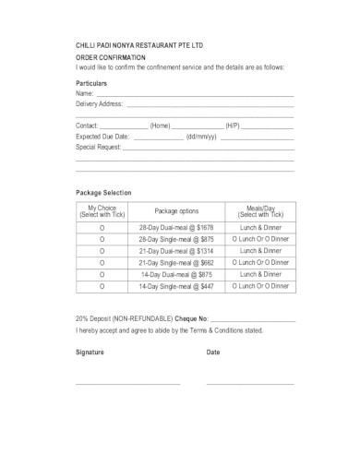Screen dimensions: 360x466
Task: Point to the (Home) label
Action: click(161, 125)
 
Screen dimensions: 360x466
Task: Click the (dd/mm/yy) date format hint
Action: click(201, 136)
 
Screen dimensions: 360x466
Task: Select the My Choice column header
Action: click(103, 210)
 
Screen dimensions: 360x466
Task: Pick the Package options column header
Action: click(176, 211)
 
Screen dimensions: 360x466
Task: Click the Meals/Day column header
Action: click(261, 210)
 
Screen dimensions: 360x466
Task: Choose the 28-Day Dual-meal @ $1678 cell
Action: click(176, 226)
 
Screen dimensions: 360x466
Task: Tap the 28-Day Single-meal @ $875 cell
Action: click(176, 238)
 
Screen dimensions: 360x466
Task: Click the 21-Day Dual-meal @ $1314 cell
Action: click(176, 250)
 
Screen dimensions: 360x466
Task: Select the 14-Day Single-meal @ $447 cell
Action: click(176, 287)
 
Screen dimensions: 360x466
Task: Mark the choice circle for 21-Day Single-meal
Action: click(103, 262)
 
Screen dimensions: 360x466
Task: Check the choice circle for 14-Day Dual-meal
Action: click(103, 275)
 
